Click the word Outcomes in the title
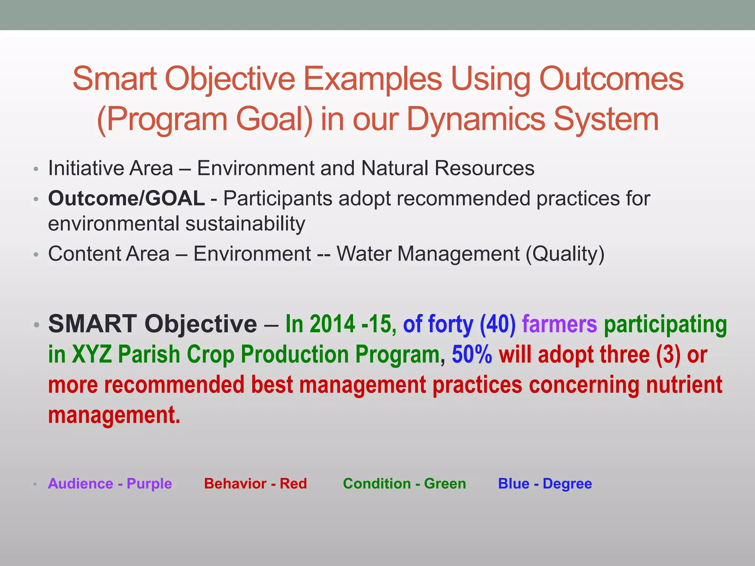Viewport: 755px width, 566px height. coord(611,79)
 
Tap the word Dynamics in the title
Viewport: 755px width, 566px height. coord(476,119)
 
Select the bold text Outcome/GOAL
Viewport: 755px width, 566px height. coord(126,198)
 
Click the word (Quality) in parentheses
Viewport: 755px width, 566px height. coord(565,254)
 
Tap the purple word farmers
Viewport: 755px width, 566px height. coord(559,324)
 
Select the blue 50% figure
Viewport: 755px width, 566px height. coord(472,354)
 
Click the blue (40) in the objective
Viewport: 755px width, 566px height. coord(497,324)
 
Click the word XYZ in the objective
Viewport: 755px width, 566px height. coord(91,354)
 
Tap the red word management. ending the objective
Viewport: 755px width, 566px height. coord(114,415)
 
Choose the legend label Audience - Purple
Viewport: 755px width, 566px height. coord(110,483)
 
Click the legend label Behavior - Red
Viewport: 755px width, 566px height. coord(255,483)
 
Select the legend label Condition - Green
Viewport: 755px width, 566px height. coord(404,483)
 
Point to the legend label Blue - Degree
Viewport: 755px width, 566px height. coord(545,483)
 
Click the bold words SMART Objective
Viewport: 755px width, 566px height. coord(153,324)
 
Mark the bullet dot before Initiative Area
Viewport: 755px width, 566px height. coord(36,170)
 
